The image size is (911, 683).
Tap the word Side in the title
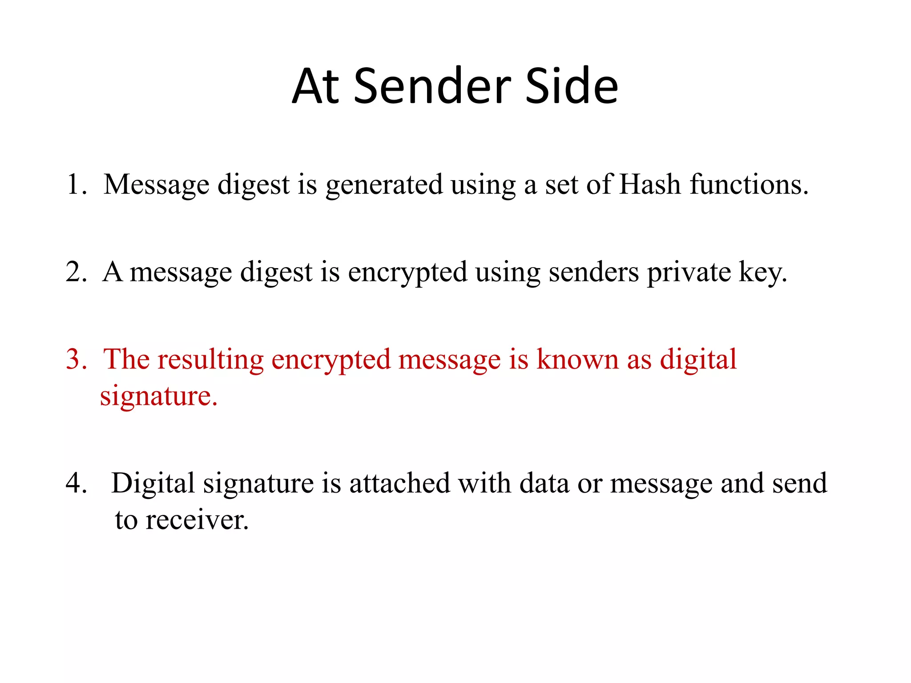(x=572, y=86)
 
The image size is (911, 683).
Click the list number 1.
(x=74, y=185)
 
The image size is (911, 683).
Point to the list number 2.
(x=74, y=272)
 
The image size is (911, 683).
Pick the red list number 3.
(x=74, y=359)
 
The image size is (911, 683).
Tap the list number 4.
(x=74, y=483)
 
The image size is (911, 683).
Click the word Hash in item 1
(x=650, y=185)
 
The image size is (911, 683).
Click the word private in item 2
(x=689, y=273)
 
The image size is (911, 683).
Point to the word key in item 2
(x=762, y=273)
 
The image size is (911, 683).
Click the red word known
(x=577, y=359)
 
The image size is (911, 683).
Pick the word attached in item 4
(x=399, y=483)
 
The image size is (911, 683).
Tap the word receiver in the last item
(x=197, y=520)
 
